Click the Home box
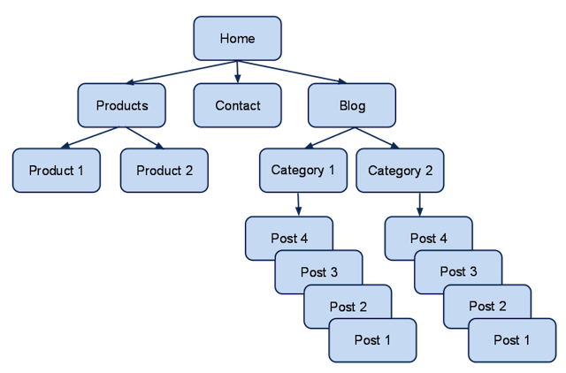coord(237,38)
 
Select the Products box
coord(122,105)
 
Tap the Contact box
coord(237,105)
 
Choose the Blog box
coord(352,105)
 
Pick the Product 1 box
coord(57,171)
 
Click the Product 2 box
coord(164,171)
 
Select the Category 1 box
coord(303,171)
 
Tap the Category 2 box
coord(400,171)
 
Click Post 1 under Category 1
coord(372,340)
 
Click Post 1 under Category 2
coord(512,340)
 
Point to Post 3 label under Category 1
coord(319,272)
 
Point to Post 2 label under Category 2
coord(487,306)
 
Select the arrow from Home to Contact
coord(237,72)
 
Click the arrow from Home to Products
coord(182,72)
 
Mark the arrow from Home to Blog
coord(292,72)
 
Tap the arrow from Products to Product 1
coord(89,137)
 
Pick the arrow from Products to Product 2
coord(144,137)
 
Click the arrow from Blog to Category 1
coord(330,138)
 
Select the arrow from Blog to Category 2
coord(377,138)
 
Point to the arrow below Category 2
coord(419,204)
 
